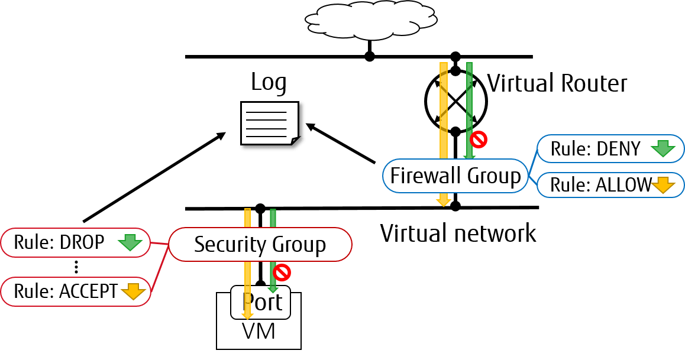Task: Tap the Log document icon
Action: click(270, 124)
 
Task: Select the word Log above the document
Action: click(269, 83)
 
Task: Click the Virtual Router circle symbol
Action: click(455, 101)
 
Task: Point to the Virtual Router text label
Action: click(557, 83)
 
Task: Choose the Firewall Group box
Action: click(455, 176)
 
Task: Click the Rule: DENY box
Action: click(610, 149)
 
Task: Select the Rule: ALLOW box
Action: click(610, 184)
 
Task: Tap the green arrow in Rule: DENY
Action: click(663, 148)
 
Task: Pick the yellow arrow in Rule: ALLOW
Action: click(663, 184)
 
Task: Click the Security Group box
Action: click(260, 244)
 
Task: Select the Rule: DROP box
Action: click(76, 242)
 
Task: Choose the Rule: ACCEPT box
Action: click(76, 291)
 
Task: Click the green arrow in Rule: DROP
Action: click(130, 242)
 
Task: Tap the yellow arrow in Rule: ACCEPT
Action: click(133, 291)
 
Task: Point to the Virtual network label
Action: click(458, 233)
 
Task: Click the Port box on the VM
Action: click(260, 302)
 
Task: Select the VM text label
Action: click(259, 332)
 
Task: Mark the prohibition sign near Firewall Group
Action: click(479, 140)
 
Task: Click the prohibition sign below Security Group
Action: click(282, 273)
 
